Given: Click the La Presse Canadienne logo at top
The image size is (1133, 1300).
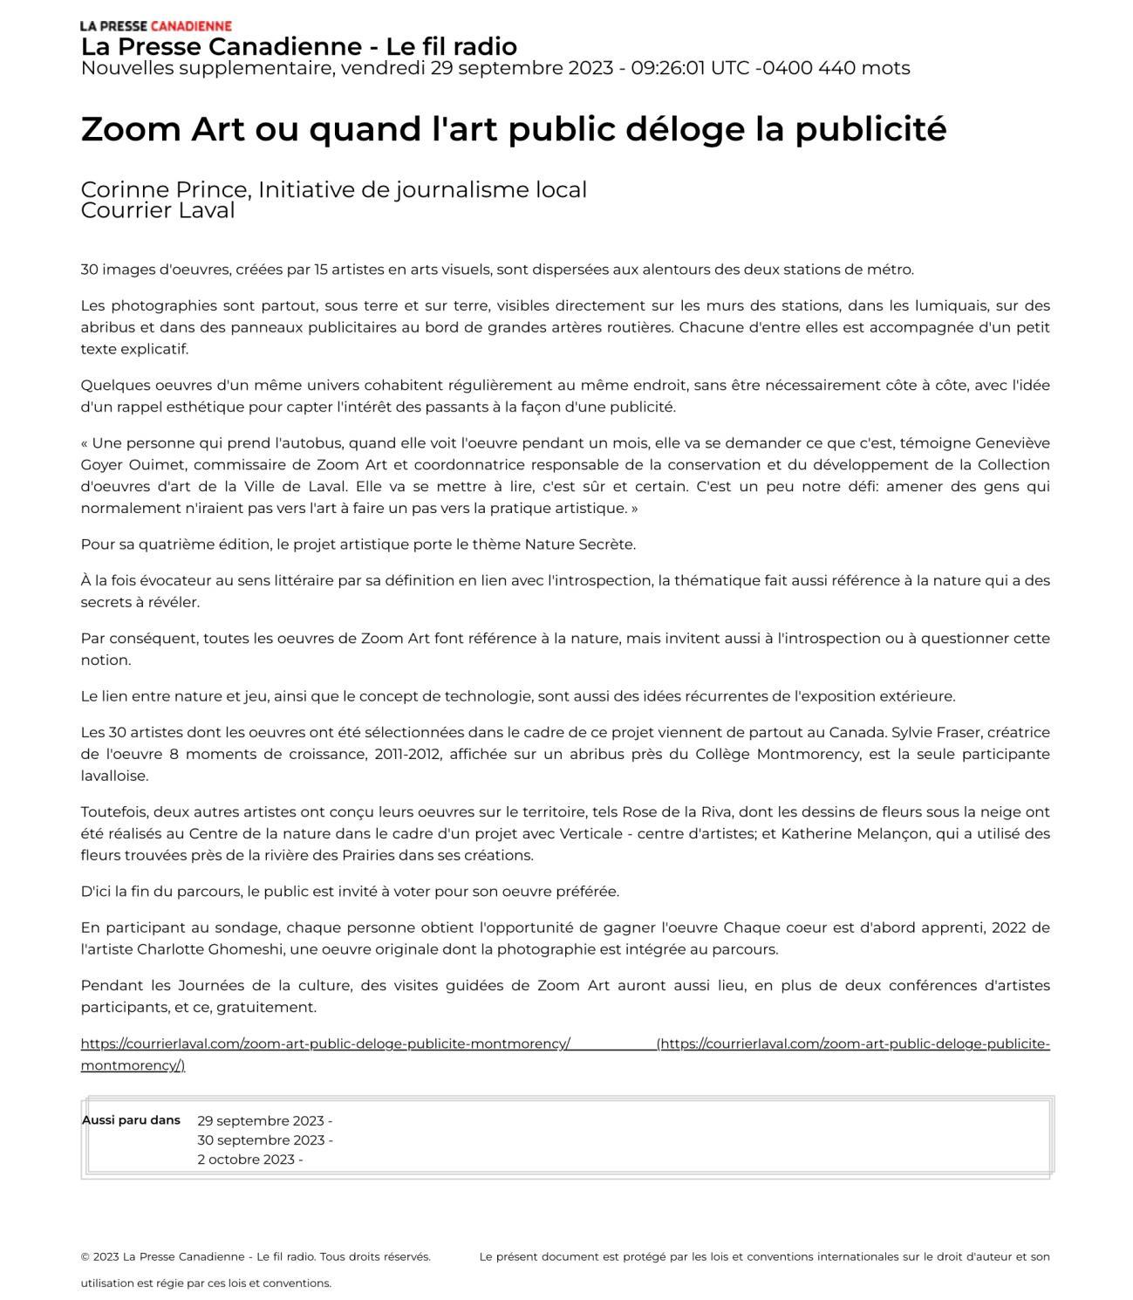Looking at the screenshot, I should click(155, 26).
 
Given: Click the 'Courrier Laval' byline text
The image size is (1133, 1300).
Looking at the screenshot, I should click(157, 210).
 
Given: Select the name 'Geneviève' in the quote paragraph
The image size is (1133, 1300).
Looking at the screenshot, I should click(1012, 443).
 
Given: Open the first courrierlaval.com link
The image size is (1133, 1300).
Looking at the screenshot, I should click(325, 1043).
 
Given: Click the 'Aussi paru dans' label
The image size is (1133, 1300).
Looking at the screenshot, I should click(131, 1120).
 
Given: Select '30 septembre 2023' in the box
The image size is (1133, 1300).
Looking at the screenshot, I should click(260, 1140).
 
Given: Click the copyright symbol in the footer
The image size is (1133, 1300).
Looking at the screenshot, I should click(85, 1257).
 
